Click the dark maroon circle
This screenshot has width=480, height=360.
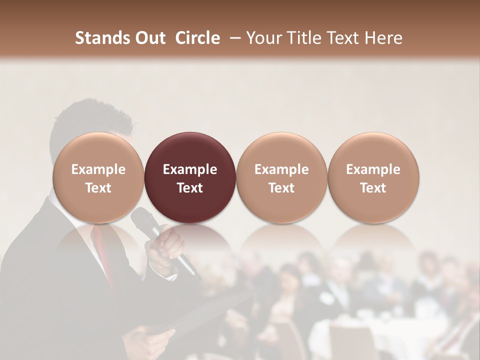point(190,177)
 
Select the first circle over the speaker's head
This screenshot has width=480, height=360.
point(98,177)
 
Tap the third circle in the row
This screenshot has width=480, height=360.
point(281,177)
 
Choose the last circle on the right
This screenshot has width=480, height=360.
point(373,177)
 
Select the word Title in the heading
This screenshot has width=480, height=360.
point(310,38)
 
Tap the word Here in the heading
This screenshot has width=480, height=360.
point(383,38)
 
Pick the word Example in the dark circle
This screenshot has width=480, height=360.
point(190,169)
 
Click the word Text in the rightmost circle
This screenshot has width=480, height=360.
point(373,187)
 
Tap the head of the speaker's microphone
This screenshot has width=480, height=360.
point(141,218)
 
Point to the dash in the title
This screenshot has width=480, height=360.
point(233,38)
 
